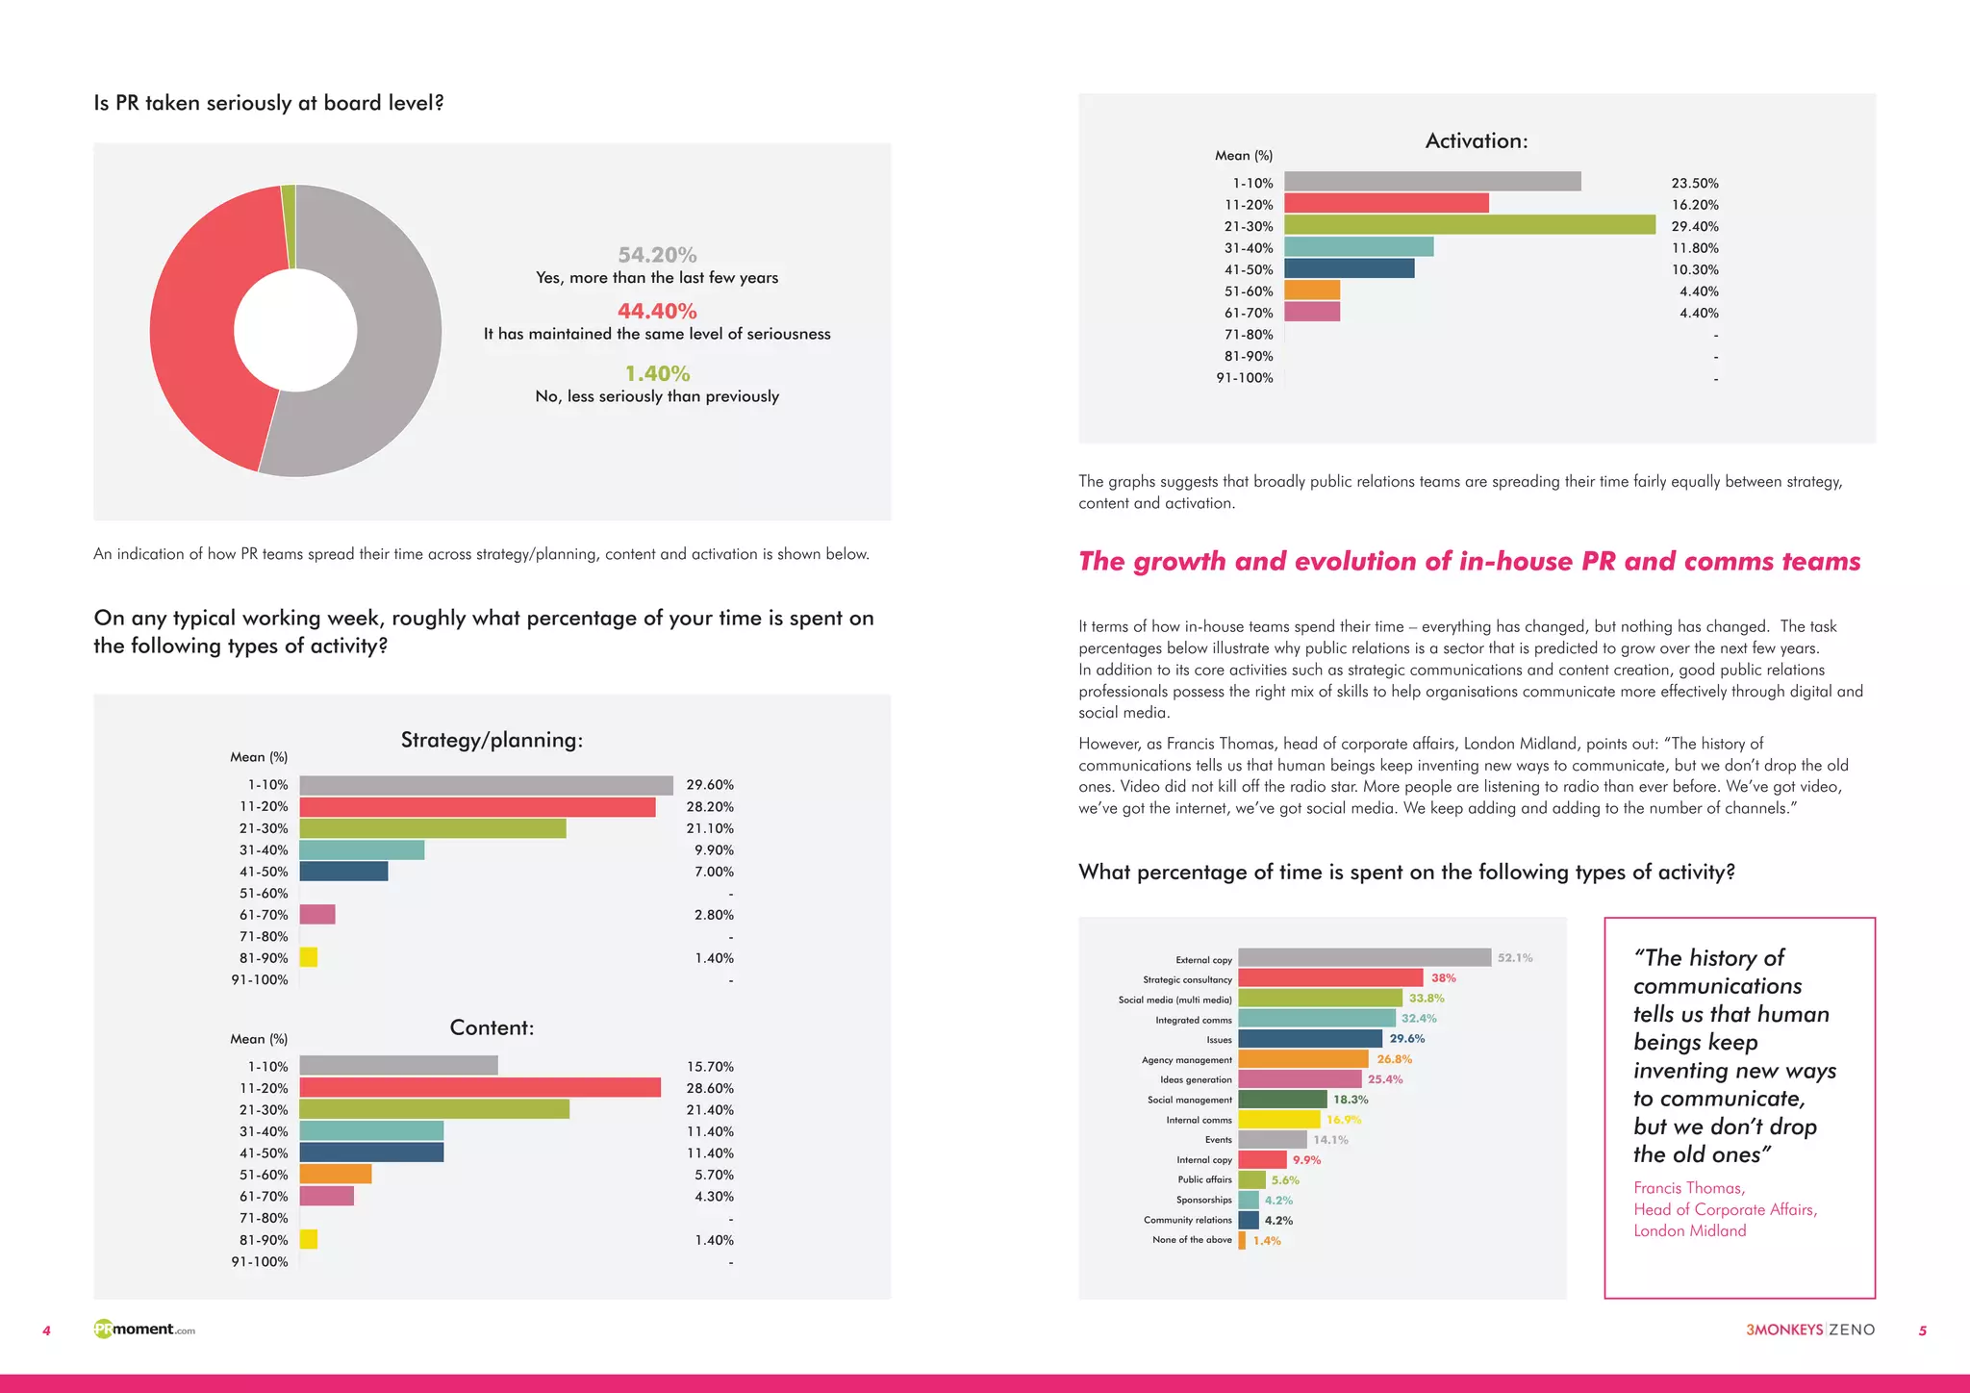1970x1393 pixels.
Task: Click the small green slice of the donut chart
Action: (x=289, y=226)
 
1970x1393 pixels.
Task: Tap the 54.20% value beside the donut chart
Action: (x=657, y=255)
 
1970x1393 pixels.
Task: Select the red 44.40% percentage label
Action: (x=657, y=312)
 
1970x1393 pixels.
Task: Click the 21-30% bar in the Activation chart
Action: (x=1469, y=225)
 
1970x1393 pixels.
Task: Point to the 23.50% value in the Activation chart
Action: (x=1694, y=183)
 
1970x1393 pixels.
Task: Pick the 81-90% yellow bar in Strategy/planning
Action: (x=309, y=957)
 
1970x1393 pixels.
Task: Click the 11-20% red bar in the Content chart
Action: (x=479, y=1087)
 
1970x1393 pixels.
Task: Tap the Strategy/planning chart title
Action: (x=492, y=740)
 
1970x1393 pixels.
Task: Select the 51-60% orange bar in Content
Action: (x=335, y=1174)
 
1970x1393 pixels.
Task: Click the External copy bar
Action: (x=1364, y=957)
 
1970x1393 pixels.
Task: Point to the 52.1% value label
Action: (x=1514, y=957)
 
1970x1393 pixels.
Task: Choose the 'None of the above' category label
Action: (x=1192, y=1240)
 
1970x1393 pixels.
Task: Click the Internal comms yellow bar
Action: (x=1278, y=1119)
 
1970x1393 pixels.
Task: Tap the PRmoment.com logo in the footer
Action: (x=144, y=1330)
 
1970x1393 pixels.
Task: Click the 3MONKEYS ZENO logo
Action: (x=1810, y=1330)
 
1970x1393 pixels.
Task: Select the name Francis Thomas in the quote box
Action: (x=1688, y=1188)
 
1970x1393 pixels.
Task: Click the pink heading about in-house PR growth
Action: (x=1469, y=561)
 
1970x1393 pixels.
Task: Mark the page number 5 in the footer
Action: (x=1922, y=1330)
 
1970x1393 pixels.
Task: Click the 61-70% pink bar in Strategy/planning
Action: (x=317, y=914)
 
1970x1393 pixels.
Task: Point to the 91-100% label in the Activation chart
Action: (x=1244, y=378)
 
